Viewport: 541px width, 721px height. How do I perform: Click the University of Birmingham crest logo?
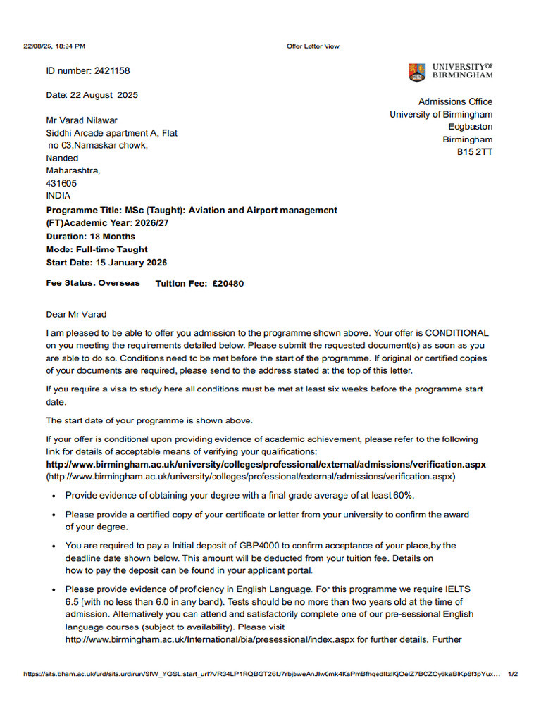(417, 72)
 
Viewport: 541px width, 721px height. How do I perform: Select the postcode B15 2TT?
(475, 152)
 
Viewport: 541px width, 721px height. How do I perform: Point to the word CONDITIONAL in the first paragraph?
(455, 333)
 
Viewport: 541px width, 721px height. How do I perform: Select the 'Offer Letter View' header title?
(313, 46)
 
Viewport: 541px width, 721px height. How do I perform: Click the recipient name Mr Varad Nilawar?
(82, 120)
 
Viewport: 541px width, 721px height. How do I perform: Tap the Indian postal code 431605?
(62, 183)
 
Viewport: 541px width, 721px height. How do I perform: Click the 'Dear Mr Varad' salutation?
(77, 314)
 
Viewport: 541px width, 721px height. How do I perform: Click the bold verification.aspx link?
(266, 465)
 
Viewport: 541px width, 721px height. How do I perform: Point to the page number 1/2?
(512, 674)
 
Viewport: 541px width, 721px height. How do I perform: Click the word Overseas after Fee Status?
(119, 283)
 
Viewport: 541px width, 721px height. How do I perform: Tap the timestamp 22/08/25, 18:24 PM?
(54, 46)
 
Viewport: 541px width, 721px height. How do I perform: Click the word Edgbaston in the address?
(470, 127)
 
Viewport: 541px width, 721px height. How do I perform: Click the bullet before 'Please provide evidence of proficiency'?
(56, 589)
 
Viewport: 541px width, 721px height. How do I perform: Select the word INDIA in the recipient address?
(58, 196)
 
